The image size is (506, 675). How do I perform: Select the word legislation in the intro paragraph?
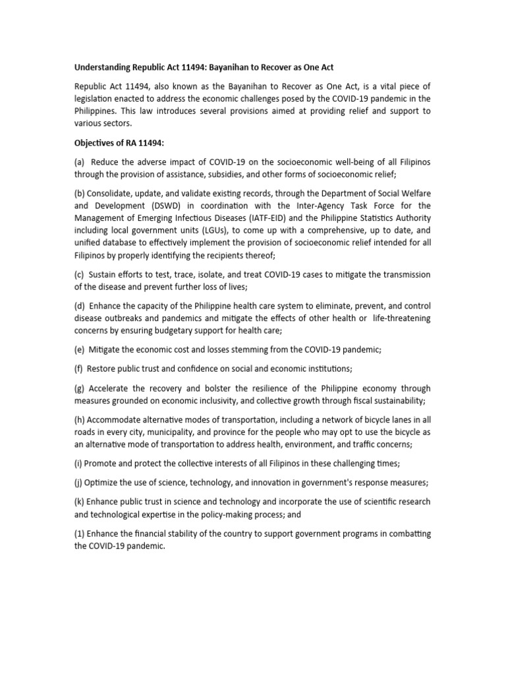(97, 99)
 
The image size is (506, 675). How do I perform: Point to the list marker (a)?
(80, 162)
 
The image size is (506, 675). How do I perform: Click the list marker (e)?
(80, 350)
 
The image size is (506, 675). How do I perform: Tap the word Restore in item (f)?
(103, 368)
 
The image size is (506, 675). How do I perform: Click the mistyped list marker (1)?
(80, 533)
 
